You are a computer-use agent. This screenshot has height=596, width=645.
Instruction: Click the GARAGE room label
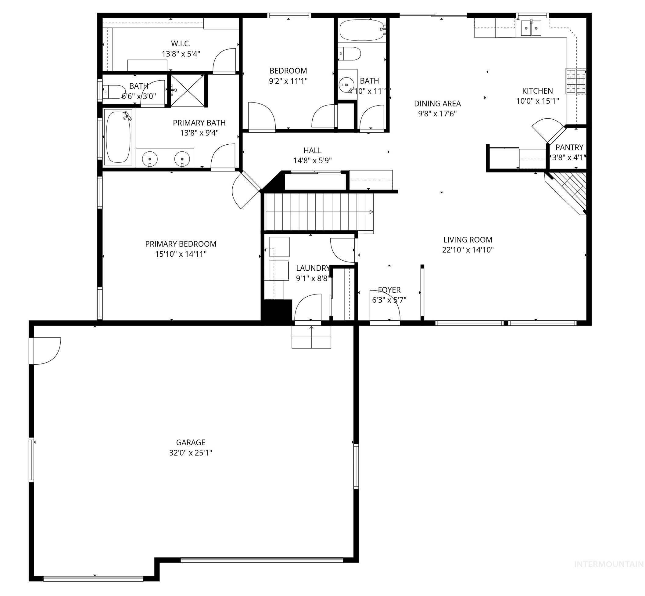pos(191,442)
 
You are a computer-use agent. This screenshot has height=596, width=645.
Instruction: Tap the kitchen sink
pos(531,28)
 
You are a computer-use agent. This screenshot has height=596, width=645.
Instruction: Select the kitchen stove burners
pos(575,81)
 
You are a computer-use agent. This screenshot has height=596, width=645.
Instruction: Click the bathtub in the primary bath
pos(118,137)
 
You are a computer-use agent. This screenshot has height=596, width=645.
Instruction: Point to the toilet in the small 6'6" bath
pos(114,92)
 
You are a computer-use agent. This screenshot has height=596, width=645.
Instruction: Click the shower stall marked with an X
pos(187,91)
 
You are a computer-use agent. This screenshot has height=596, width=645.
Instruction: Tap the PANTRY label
pos(569,147)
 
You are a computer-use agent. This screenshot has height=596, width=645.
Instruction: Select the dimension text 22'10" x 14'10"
pos(468,250)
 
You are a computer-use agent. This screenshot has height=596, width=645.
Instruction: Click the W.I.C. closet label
pos(181,44)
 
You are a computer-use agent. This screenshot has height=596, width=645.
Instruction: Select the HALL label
pos(312,150)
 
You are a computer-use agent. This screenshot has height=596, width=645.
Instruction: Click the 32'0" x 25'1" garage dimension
pos(191,453)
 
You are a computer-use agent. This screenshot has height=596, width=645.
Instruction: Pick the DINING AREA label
pos(437,103)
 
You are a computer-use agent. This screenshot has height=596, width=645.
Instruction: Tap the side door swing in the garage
pos(47,351)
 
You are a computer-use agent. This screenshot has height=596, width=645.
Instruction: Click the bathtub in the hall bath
pos(362,30)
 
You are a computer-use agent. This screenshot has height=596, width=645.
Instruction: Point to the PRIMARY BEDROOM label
pos(181,244)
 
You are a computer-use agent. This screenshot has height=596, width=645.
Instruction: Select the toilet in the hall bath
pos(350,54)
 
